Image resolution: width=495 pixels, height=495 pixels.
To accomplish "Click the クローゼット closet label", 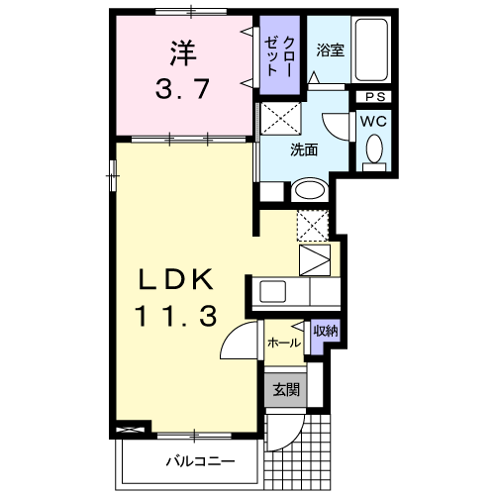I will coord(280,54).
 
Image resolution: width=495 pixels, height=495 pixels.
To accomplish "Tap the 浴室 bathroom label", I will coord(330,50).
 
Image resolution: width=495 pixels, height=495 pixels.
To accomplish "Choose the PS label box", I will coord(374,96).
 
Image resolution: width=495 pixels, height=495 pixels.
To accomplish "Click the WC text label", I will coord(373,120).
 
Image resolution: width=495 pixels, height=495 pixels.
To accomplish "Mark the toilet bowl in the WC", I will coord(373,149).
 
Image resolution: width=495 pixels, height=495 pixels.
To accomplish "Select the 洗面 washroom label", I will coord(303,150).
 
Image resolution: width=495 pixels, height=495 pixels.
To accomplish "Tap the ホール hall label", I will coord(283,343).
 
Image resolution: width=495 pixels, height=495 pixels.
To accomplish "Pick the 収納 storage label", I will coord(324,331).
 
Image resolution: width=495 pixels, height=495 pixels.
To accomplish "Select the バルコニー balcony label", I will coord(199,461).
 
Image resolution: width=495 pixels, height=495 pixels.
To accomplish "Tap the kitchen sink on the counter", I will coord(272,292).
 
